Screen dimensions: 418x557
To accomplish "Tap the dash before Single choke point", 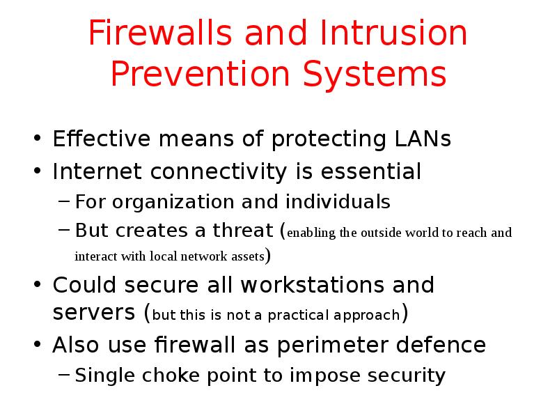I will [x=63, y=377].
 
